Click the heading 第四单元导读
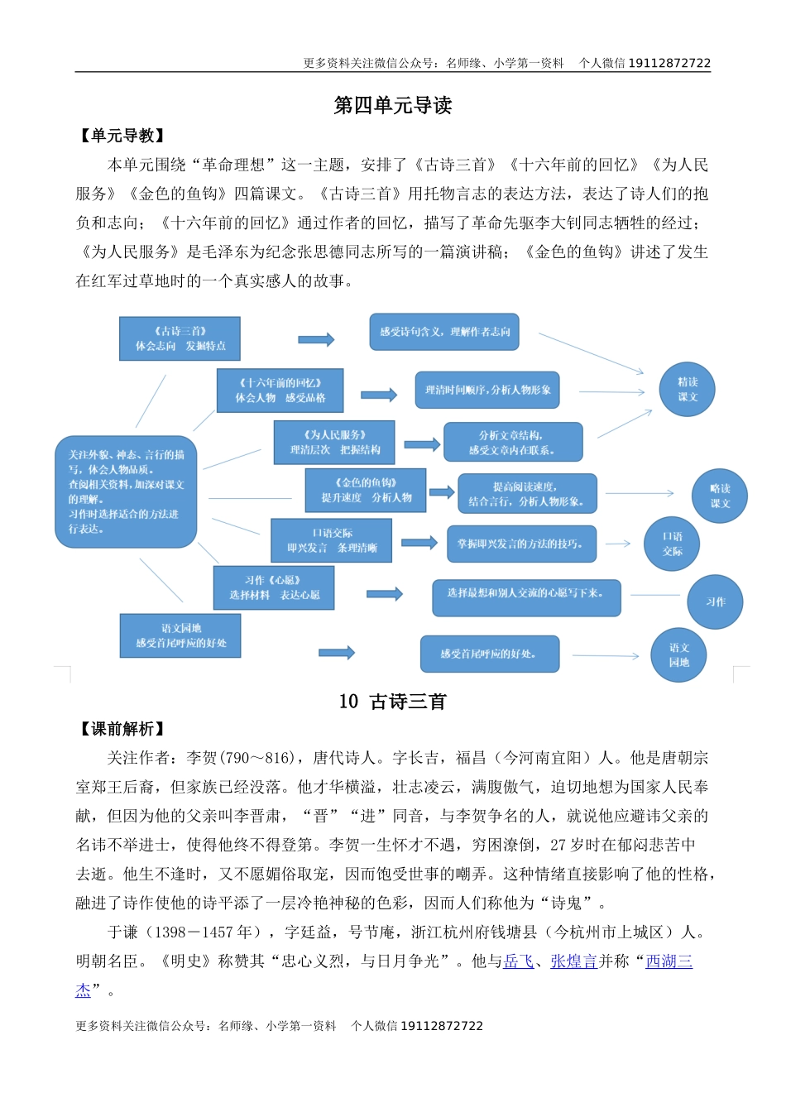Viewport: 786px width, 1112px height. pos(392,106)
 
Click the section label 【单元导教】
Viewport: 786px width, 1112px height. pos(122,136)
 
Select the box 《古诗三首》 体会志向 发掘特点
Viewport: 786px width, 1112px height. pos(180,338)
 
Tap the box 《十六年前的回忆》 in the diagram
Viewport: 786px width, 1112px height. pos(280,391)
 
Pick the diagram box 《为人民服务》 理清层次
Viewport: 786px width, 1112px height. pos(334,442)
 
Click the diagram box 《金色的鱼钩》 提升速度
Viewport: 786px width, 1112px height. pos(366,490)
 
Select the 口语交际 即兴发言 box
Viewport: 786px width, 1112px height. pos(332,540)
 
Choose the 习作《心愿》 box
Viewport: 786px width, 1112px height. pos(274,587)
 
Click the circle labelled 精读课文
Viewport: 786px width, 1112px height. pos(687,389)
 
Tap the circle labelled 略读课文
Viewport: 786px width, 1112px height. pos(719,496)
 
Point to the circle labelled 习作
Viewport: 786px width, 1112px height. pos(715,602)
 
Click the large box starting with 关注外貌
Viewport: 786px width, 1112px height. pos(126,491)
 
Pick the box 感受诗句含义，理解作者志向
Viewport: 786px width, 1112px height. pos(444,332)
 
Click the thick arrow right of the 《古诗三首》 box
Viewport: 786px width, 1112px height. pos(316,339)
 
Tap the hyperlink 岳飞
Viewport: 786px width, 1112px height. pos(519,961)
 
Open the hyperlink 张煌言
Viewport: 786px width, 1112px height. pos(573,961)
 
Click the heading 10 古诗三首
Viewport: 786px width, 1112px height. pos(392,702)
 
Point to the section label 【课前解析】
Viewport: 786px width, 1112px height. pos(122,729)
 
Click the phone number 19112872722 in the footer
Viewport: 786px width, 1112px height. pos(442,1026)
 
